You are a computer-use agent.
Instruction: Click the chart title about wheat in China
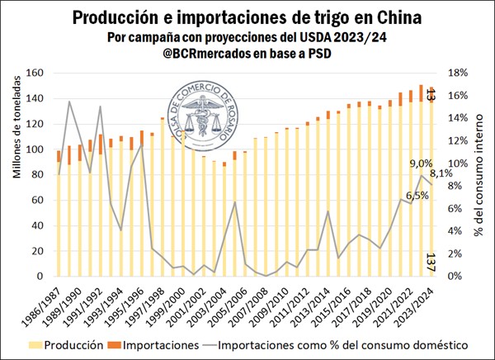tap(247, 17)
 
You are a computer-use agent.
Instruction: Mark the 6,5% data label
tap(395, 195)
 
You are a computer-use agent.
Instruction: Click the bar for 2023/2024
tap(430, 190)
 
